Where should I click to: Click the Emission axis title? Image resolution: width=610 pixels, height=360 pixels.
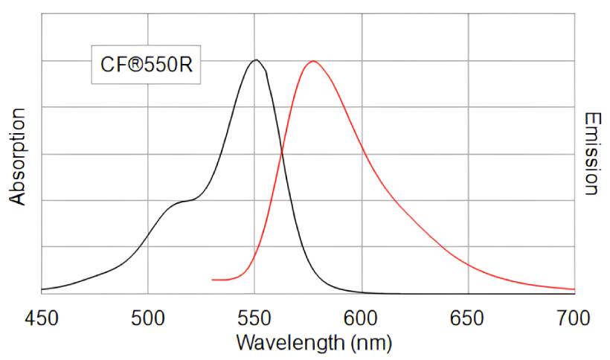tap(591, 154)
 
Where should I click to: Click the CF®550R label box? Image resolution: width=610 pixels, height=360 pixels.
tap(147, 64)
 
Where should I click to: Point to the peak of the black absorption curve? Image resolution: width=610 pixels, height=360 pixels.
tap(256, 60)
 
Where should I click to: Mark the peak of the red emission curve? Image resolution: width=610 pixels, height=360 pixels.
tap(313, 61)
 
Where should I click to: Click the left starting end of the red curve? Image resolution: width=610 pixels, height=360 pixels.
tap(213, 280)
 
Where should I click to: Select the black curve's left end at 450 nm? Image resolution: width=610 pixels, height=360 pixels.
tap(42, 289)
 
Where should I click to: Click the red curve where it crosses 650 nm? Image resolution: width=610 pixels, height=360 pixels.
tap(468, 263)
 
